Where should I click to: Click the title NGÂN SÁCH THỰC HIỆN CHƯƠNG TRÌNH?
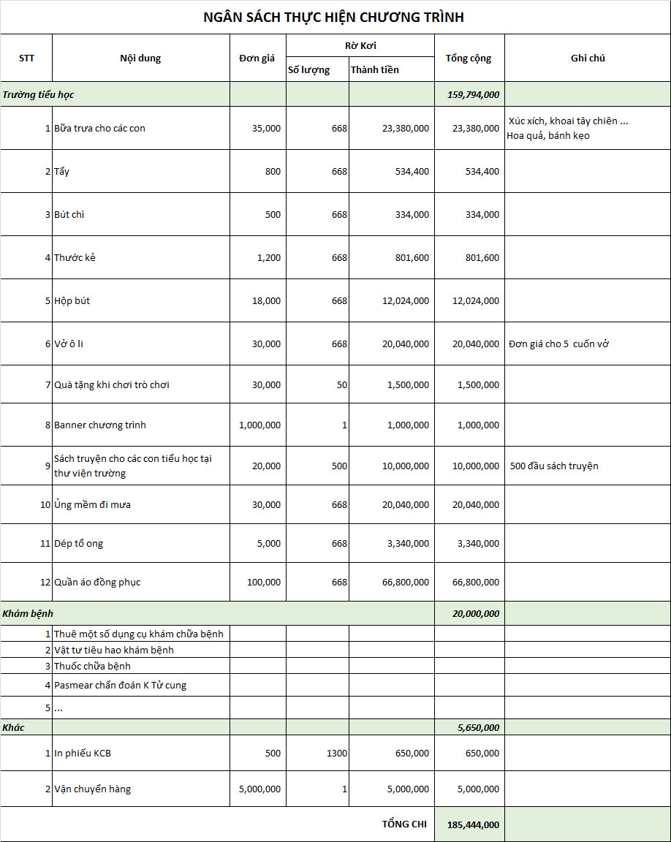click(x=333, y=18)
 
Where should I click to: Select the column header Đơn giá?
click(x=257, y=58)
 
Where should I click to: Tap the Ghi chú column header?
click(x=588, y=58)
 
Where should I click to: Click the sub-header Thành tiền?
click(x=375, y=70)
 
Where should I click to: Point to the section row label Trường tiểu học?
click(x=38, y=94)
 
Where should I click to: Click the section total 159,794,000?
click(x=473, y=94)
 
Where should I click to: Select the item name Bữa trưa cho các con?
click(x=99, y=129)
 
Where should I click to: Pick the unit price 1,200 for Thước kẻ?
click(x=267, y=258)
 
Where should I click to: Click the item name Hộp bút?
click(x=72, y=301)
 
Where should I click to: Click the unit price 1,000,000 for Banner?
click(x=259, y=425)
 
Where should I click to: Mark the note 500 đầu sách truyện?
click(x=554, y=466)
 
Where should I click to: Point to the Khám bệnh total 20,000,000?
click(x=476, y=614)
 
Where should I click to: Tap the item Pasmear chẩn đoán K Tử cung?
click(x=120, y=686)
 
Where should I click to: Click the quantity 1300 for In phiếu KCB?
click(x=337, y=754)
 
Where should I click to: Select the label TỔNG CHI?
click(x=404, y=824)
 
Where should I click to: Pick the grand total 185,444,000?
click(x=473, y=824)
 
